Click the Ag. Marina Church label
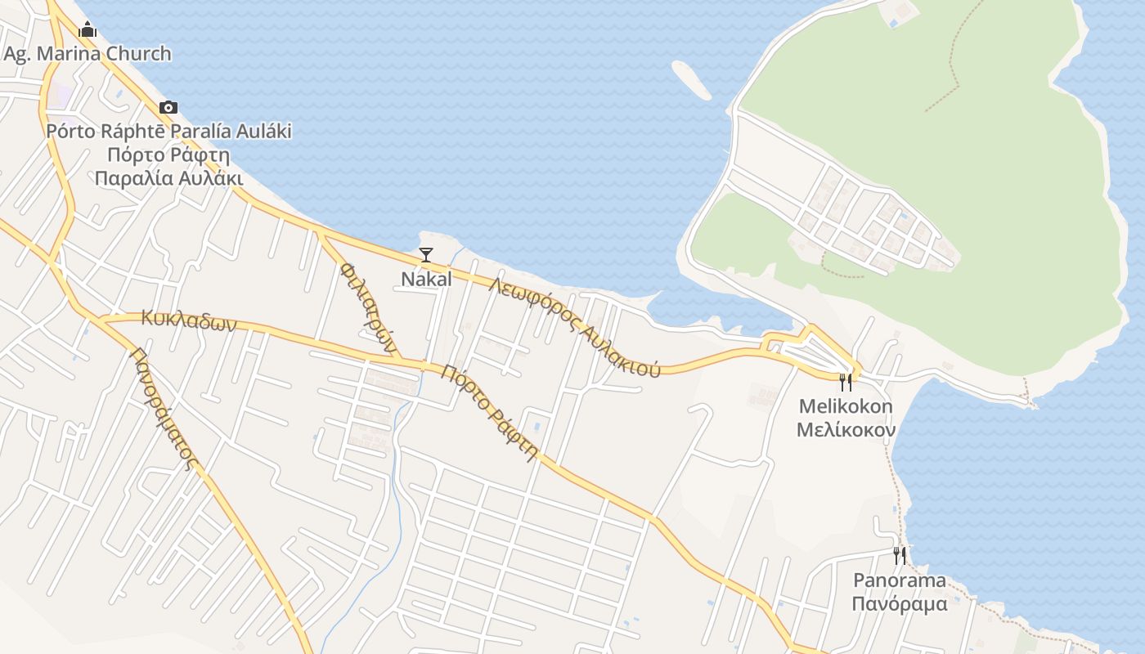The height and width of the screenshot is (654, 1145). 88,54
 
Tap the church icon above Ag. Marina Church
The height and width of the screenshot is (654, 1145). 88,30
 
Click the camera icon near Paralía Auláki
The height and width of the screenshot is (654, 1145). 168,107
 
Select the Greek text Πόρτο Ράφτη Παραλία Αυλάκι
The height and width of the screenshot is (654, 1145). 168,166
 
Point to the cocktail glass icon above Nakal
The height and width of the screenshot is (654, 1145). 426,255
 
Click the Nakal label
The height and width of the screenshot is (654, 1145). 426,279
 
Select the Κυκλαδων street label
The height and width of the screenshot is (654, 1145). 188,319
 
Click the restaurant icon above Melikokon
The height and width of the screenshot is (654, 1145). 846,382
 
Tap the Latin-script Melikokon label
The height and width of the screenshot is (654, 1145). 846,406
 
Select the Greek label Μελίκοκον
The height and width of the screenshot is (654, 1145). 846,429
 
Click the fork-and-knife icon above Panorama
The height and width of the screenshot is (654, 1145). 900,556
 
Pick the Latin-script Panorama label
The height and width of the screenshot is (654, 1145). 900,580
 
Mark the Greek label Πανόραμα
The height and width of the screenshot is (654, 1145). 900,604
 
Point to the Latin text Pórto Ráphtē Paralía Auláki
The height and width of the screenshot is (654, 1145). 168,131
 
